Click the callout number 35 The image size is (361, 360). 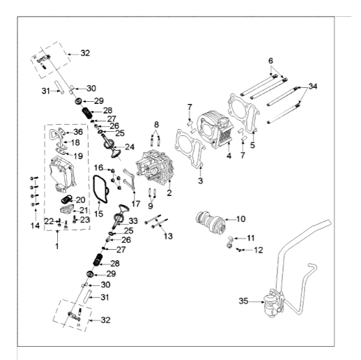tap(243, 302)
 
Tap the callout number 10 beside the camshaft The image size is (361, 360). tap(241, 219)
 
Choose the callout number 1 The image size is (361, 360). tap(57, 246)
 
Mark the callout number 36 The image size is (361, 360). tap(78, 132)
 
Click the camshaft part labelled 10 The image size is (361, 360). tap(210, 224)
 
